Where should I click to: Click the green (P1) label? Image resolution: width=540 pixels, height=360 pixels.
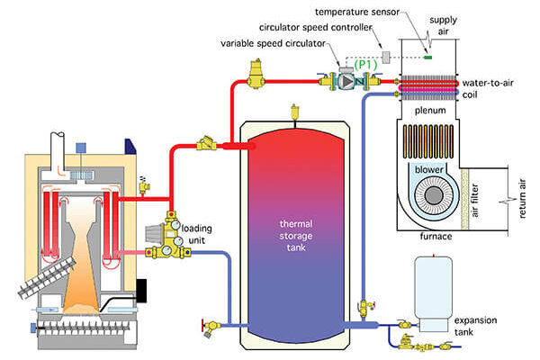pos(366,65)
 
